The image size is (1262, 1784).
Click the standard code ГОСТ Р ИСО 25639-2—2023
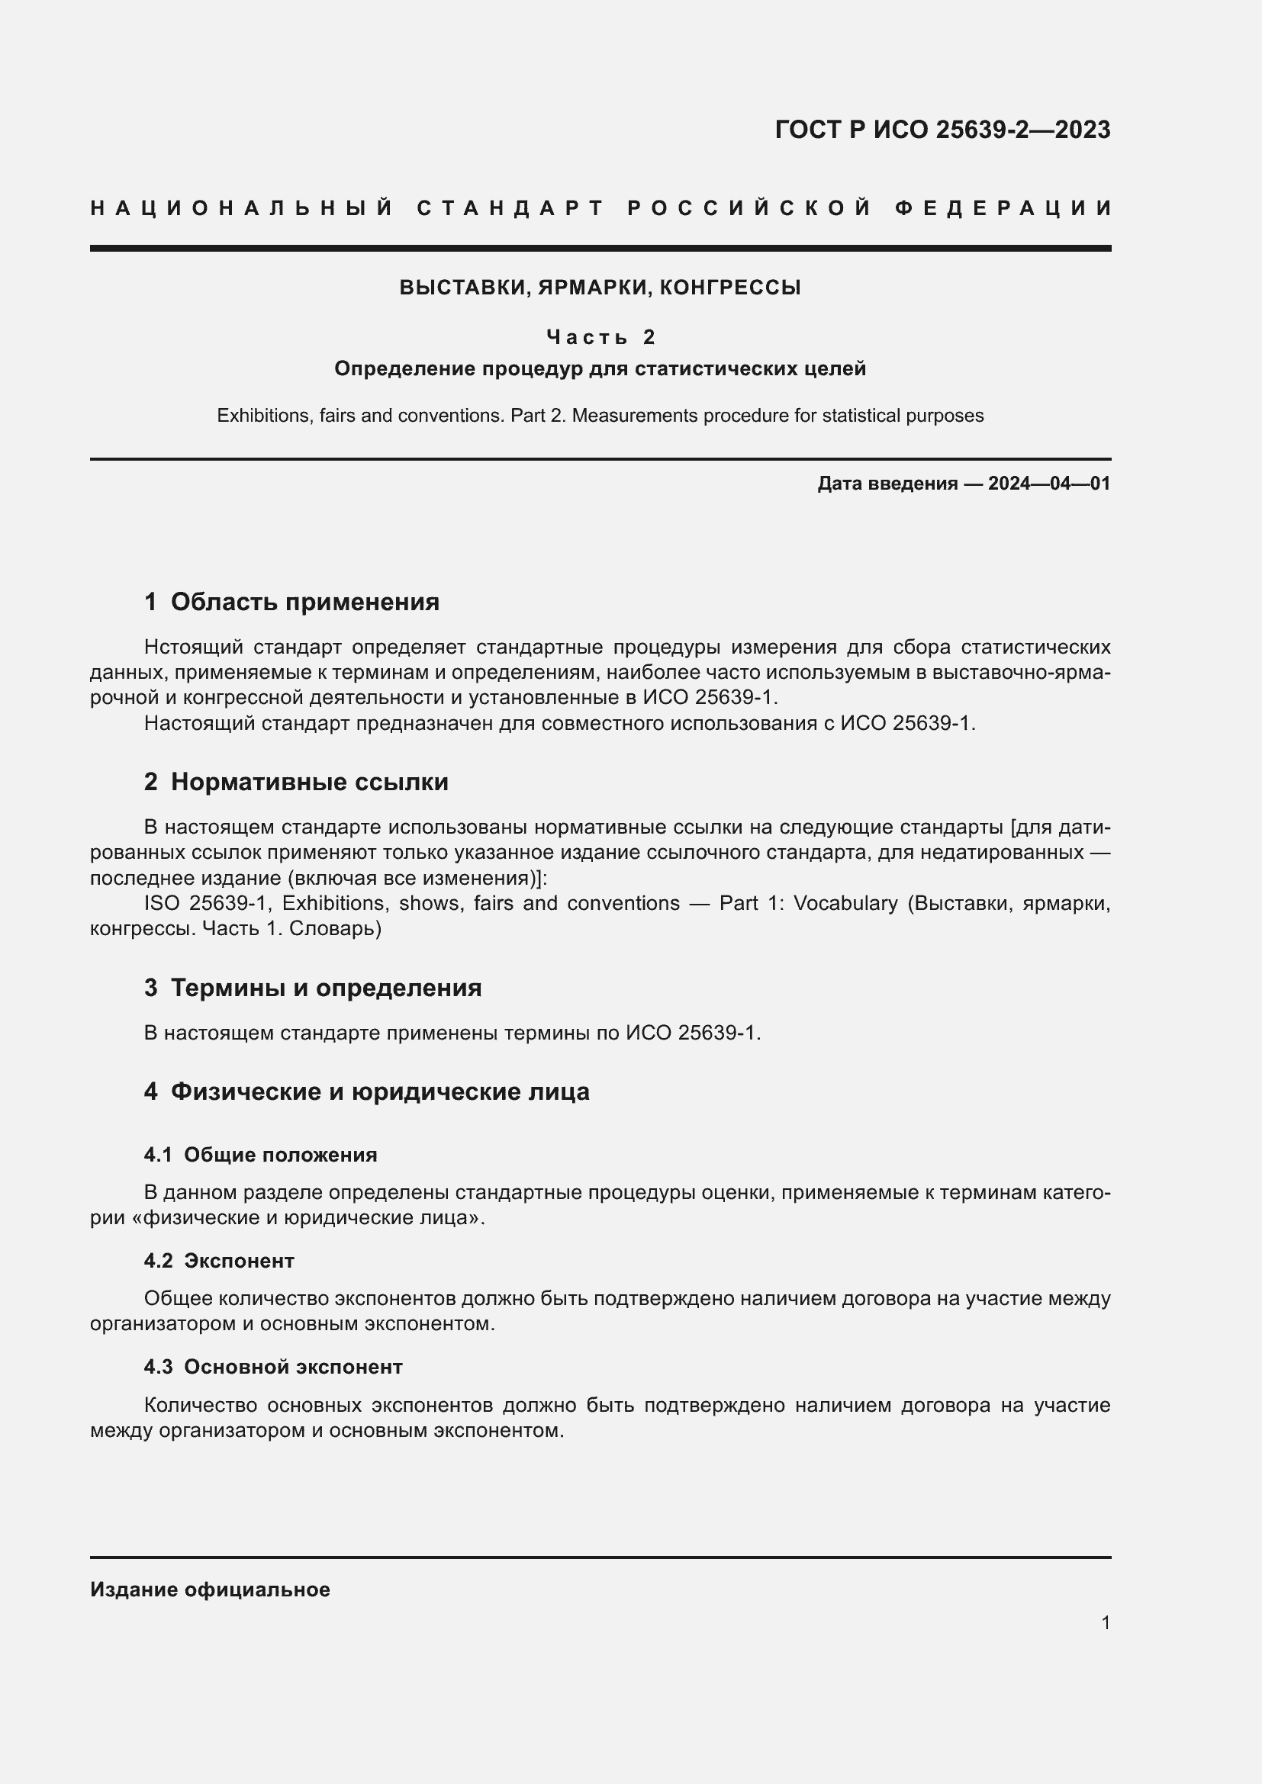(x=942, y=130)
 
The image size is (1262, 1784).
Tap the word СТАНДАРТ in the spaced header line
(x=510, y=208)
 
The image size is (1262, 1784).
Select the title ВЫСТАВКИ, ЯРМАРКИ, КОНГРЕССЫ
(x=600, y=288)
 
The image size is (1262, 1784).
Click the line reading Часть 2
(x=600, y=337)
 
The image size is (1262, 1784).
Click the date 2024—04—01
(x=1049, y=484)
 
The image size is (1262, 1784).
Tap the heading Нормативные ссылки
(x=309, y=782)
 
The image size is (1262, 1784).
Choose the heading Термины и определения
(x=326, y=988)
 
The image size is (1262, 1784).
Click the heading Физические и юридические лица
(x=379, y=1091)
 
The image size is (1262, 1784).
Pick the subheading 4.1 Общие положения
(x=260, y=1155)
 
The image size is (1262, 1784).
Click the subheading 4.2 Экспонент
(x=219, y=1260)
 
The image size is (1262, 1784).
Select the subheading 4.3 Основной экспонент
(x=272, y=1366)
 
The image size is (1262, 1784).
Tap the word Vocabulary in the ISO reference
(x=844, y=903)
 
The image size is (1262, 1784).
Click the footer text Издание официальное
(x=210, y=1590)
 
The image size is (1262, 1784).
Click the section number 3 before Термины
(x=151, y=988)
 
